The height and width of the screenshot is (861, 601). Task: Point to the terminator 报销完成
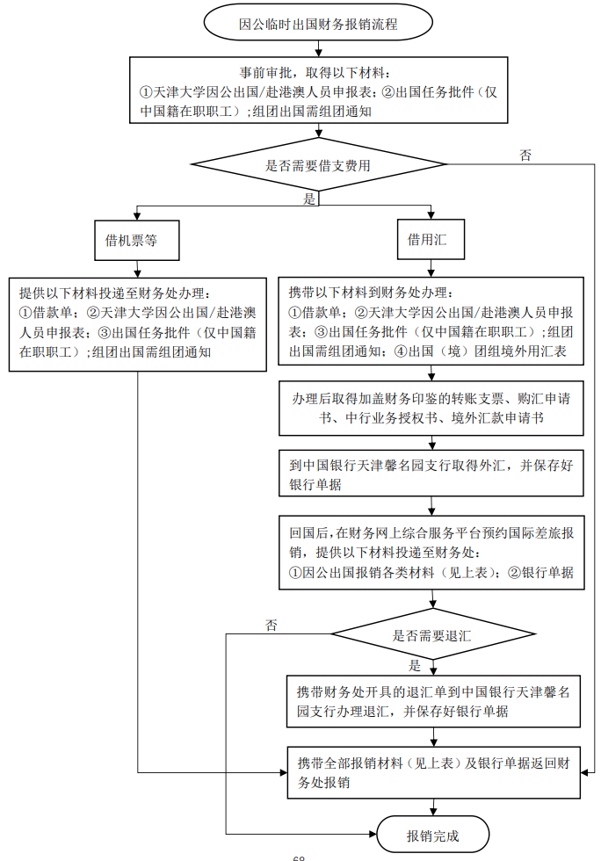432,836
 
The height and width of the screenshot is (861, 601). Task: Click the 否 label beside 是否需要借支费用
525,155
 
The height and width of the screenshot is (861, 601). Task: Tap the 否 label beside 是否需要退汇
272,625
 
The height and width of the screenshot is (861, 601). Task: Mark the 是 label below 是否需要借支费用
309,199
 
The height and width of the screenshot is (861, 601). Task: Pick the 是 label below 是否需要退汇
416,665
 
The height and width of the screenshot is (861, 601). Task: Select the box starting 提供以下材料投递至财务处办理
137,322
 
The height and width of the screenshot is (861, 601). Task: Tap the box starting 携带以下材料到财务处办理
431,322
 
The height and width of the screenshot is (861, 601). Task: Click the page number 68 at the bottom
299,857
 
